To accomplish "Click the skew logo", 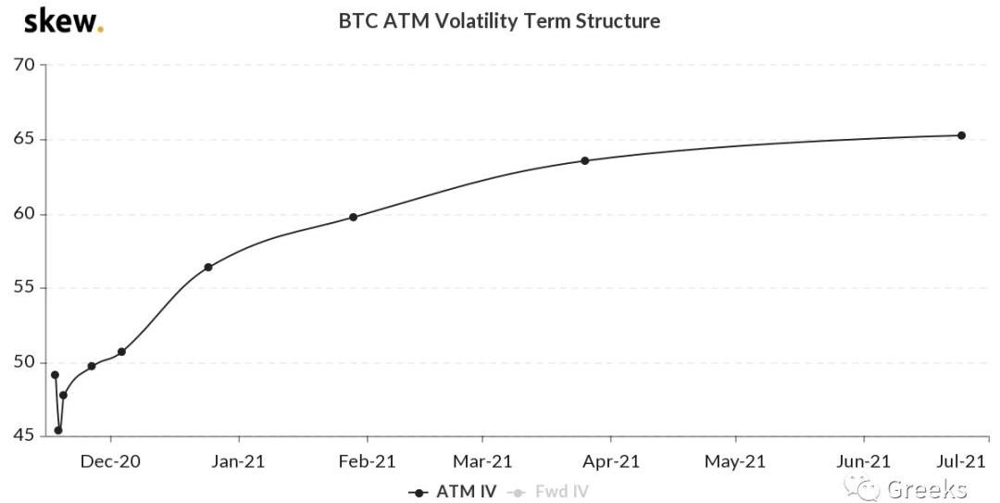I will [63, 20].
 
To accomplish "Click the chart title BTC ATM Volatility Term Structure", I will [499, 20].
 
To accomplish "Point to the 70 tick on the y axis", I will [24, 65].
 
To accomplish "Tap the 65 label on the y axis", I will [24, 139].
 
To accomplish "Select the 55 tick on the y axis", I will [24, 287].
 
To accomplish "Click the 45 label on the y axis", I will [24, 435].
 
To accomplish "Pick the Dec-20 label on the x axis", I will [111, 460].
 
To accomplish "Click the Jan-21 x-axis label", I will [239, 460].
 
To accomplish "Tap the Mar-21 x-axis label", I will [482, 460].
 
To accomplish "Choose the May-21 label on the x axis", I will [735, 460].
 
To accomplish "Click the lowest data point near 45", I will [58, 430].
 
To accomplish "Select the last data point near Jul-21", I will [961, 135].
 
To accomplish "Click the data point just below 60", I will [353, 217].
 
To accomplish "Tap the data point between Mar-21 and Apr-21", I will [584, 160].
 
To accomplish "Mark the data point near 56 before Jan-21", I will [208, 267].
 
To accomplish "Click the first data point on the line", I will [55, 375].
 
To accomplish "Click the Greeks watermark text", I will [926, 488].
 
